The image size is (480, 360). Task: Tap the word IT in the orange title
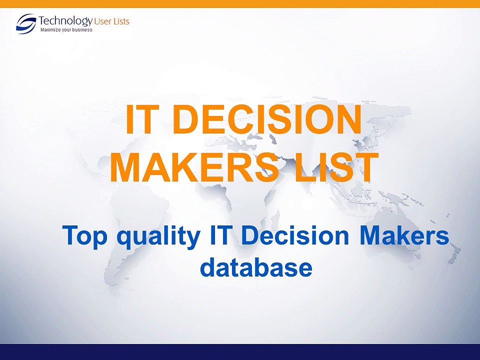[x=142, y=120]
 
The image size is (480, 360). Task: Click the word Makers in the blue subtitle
[x=403, y=235]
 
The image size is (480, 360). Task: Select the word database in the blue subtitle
[x=256, y=267]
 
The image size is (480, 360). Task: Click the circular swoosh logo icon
[x=26, y=23]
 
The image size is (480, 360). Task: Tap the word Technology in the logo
[x=65, y=21]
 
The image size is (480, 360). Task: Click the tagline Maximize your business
[x=66, y=30]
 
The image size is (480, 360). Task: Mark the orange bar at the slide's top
[x=240, y=3]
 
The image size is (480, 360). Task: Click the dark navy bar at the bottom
[x=240, y=352]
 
